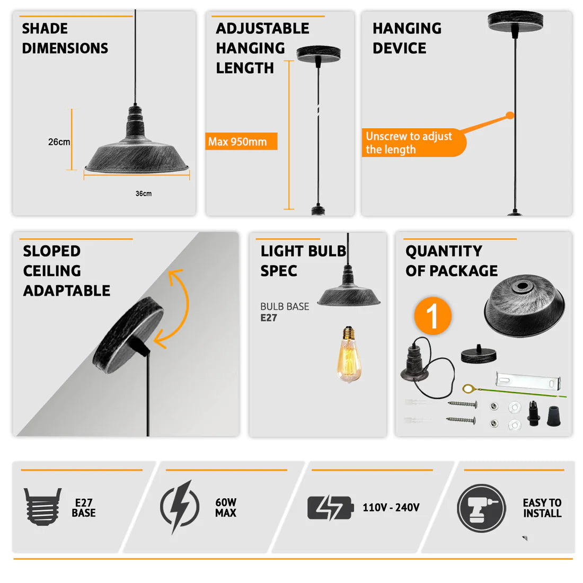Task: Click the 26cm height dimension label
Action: coord(59,142)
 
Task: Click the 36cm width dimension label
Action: coord(144,193)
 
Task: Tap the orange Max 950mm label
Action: coord(241,142)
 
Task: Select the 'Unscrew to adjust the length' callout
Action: coord(413,143)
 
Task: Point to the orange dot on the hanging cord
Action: coord(510,116)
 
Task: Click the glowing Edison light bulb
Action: coord(348,354)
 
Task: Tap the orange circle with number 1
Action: coord(433,316)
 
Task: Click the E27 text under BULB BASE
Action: coord(269,318)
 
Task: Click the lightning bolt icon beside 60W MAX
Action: coord(180,506)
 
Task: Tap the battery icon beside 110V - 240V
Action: coord(331,508)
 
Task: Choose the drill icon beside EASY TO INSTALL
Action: coord(481,508)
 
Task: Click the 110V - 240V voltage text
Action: coord(391,508)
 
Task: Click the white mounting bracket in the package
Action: coord(528,381)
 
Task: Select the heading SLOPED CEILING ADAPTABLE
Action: coord(67,271)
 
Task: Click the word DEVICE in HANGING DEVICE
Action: coord(399,48)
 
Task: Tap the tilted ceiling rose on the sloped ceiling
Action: coord(128,334)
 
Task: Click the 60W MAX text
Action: coord(226,508)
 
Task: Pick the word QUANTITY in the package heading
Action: coord(444,251)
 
